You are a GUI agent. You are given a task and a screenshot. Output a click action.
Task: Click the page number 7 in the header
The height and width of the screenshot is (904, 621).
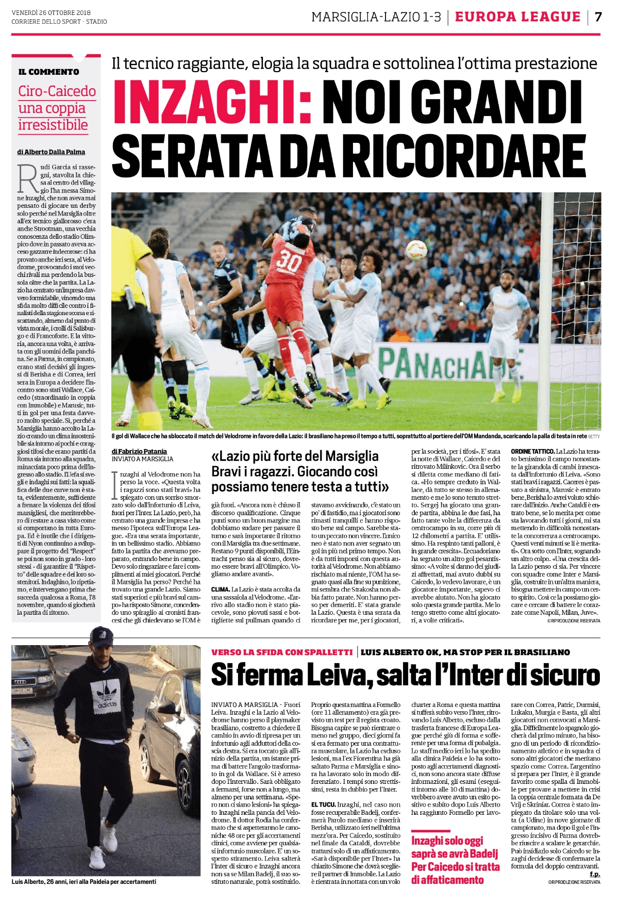pyautogui.click(x=598, y=17)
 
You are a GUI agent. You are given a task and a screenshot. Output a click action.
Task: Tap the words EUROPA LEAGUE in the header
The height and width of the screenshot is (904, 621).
pyautogui.click(x=517, y=17)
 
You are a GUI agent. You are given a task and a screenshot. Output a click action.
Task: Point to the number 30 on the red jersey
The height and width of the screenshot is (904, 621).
pyautogui.click(x=289, y=262)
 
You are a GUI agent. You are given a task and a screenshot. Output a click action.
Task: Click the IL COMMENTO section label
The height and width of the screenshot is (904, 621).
pyautogui.click(x=49, y=72)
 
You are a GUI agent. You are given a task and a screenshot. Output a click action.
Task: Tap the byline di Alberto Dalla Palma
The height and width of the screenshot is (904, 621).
pyautogui.click(x=51, y=152)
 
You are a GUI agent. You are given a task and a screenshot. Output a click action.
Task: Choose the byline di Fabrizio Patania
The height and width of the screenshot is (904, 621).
pyautogui.click(x=139, y=451)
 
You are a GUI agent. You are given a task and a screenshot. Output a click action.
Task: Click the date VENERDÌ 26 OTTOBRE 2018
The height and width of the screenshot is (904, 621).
pyautogui.click(x=51, y=12)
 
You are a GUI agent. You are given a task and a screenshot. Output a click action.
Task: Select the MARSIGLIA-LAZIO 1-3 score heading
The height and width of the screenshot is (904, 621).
pyautogui.click(x=376, y=17)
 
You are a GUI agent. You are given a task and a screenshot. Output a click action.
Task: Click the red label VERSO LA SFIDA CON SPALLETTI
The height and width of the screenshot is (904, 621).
pyautogui.click(x=282, y=652)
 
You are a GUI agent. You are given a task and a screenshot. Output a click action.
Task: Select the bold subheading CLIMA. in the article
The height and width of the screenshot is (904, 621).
pyautogui.click(x=220, y=589)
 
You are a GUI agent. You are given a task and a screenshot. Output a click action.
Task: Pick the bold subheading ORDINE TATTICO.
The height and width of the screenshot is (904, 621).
pyautogui.click(x=532, y=451)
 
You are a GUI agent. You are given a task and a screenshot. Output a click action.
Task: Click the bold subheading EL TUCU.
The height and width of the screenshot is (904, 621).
pyautogui.click(x=323, y=804)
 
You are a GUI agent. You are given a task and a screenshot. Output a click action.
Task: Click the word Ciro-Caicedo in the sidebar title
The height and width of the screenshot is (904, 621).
pyautogui.click(x=57, y=91)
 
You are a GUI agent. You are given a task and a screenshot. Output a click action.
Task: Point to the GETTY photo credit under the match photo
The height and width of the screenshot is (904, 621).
pyautogui.click(x=594, y=436)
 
